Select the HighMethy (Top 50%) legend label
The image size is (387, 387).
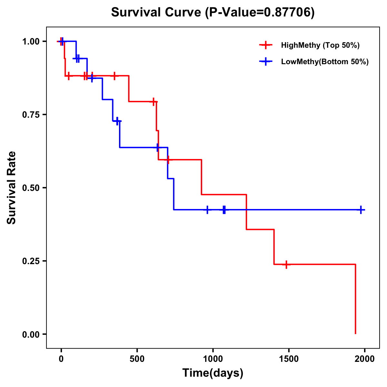(320, 45)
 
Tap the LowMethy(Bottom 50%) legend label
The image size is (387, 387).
(325, 62)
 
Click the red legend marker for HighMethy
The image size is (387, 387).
(265, 45)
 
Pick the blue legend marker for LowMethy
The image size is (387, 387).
(265, 62)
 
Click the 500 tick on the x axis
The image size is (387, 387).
(137, 359)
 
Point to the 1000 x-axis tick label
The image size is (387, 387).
(213, 359)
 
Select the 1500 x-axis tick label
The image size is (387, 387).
(289, 359)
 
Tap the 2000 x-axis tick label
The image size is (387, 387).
(364, 359)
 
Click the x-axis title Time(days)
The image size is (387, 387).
(213, 373)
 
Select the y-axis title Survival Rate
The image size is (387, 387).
(12, 188)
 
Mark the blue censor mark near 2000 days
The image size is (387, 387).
(361, 210)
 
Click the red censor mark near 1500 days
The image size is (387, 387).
(286, 264)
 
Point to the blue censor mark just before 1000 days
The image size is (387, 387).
(207, 210)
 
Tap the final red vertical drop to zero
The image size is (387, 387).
(355, 300)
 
